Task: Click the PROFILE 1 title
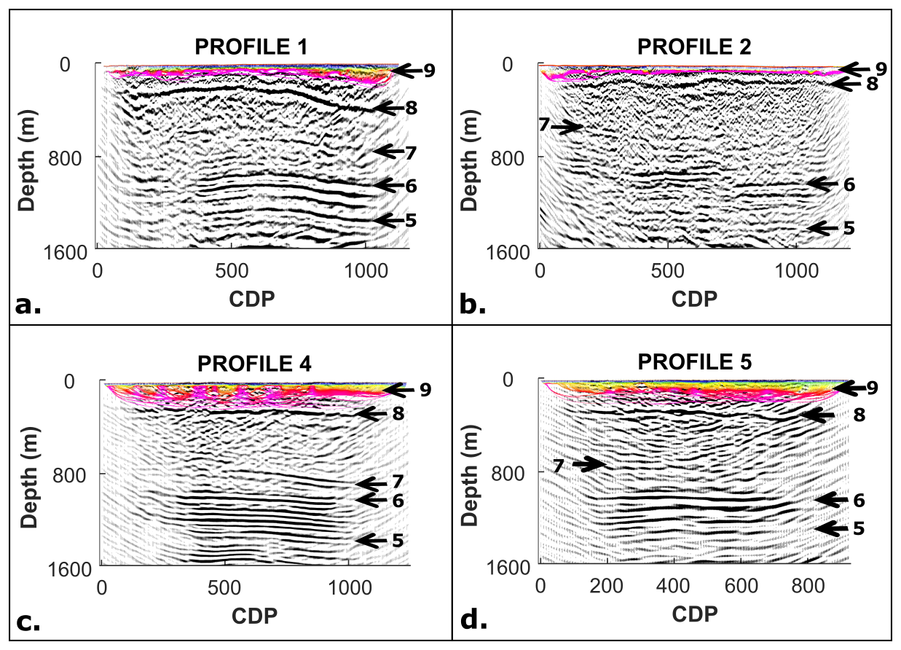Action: pyautogui.click(x=251, y=47)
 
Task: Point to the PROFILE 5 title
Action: pyautogui.click(x=695, y=362)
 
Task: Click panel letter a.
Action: pyautogui.click(x=28, y=305)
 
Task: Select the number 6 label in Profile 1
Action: pyautogui.click(x=411, y=186)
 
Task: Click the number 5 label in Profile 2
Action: pyautogui.click(x=849, y=228)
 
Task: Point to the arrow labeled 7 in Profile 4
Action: pyautogui.click(x=371, y=484)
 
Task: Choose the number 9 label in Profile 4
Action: pyautogui.click(x=425, y=390)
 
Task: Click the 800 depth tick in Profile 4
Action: pyautogui.click(x=71, y=474)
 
